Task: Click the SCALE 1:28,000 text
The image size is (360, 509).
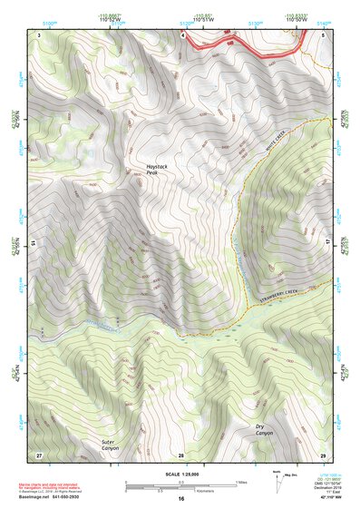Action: [180, 473]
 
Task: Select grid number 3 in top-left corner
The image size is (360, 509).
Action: [40, 34]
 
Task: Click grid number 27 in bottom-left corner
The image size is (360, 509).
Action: [39, 455]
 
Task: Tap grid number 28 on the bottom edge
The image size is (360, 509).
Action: [181, 455]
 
